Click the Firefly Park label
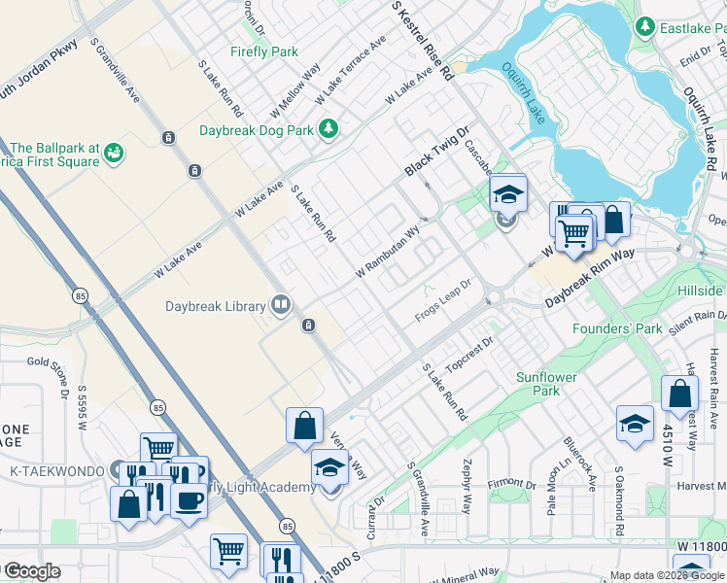[264, 51]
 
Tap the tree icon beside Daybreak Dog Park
[329, 128]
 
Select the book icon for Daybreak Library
[280, 306]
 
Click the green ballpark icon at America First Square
[115, 152]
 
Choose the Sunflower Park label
[546, 384]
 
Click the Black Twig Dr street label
[437, 151]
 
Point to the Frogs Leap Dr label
[442, 297]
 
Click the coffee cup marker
[189, 499]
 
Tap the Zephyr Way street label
[467, 486]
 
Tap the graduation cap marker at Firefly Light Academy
[329, 468]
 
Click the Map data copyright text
[667, 575]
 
